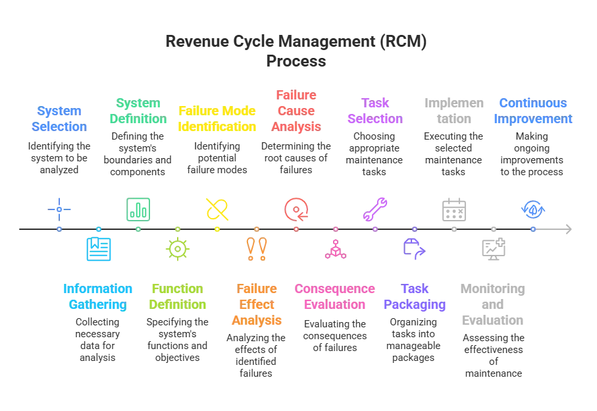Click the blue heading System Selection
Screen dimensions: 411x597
61,118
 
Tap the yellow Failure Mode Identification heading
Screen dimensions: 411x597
217,118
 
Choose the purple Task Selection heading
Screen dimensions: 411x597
375,111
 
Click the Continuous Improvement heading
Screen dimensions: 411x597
534,111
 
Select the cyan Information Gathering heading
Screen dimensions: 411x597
98,296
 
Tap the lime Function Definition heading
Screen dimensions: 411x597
178,296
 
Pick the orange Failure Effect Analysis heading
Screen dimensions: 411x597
257,304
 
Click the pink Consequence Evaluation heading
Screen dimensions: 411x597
336,296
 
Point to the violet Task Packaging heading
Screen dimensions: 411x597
415,296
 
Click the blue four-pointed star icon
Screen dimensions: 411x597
60,208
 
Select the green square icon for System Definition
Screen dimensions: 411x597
139,208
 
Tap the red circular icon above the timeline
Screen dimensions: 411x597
297,208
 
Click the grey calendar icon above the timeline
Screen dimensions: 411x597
455,209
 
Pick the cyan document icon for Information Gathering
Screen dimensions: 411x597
99,249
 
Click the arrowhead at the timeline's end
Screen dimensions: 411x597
569,229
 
